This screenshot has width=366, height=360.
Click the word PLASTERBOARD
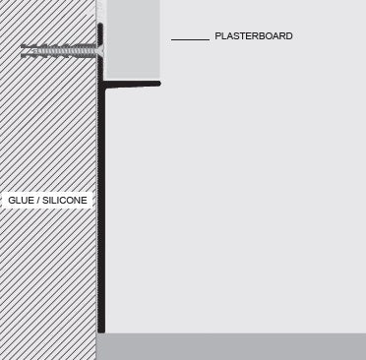pyautogui.click(x=253, y=36)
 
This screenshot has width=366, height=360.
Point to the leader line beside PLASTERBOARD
pyautogui.click(x=190, y=39)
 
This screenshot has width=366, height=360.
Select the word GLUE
pyautogui.click(x=20, y=201)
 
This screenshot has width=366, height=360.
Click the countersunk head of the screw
pyautogui.click(x=100, y=46)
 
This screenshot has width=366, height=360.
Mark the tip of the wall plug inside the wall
pyautogui.click(x=23, y=46)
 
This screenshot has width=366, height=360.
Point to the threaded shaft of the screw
pyautogui.click(x=64, y=46)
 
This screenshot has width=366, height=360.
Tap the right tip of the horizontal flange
pyautogui.click(x=158, y=85)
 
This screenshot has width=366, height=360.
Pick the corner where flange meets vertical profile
pyautogui.click(x=101, y=86)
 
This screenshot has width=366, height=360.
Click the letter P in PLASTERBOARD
pyautogui.click(x=217, y=36)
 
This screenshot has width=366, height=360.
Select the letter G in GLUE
pyautogui.click(x=11, y=201)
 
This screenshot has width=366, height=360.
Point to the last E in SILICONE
pyautogui.click(x=87, y=201)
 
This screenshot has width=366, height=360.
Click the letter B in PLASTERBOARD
pyautogui.click(x=260, y=36)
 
